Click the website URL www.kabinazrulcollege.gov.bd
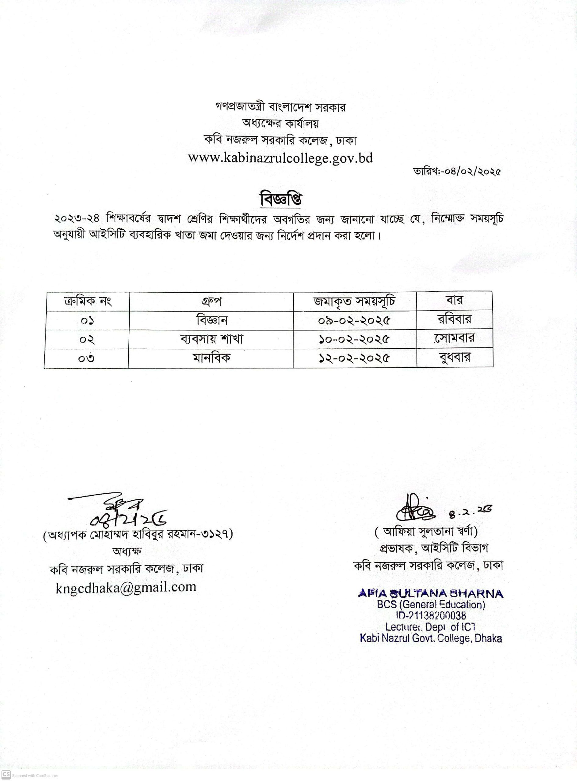(x=281, y=158)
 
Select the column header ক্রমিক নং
(x=87, y=301)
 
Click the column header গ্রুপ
(x=211, y=301)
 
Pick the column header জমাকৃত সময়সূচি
(x=354, y=301)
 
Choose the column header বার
(x=454, y=301)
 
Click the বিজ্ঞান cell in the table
(x=211, y=320)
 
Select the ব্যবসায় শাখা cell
(x=211, y=339)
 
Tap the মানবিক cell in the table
(x=211, y=358)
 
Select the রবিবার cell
(x=454, y=319)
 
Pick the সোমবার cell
(x=454, y=338)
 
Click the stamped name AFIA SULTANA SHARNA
(x=431, y=594)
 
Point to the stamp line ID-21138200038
(x=431, y=615)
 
